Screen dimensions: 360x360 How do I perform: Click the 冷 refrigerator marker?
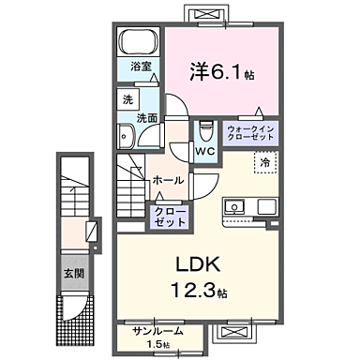(267, 161)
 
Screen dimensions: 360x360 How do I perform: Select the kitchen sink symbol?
(233, 206)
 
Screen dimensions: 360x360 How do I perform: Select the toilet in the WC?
(205, 128)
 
